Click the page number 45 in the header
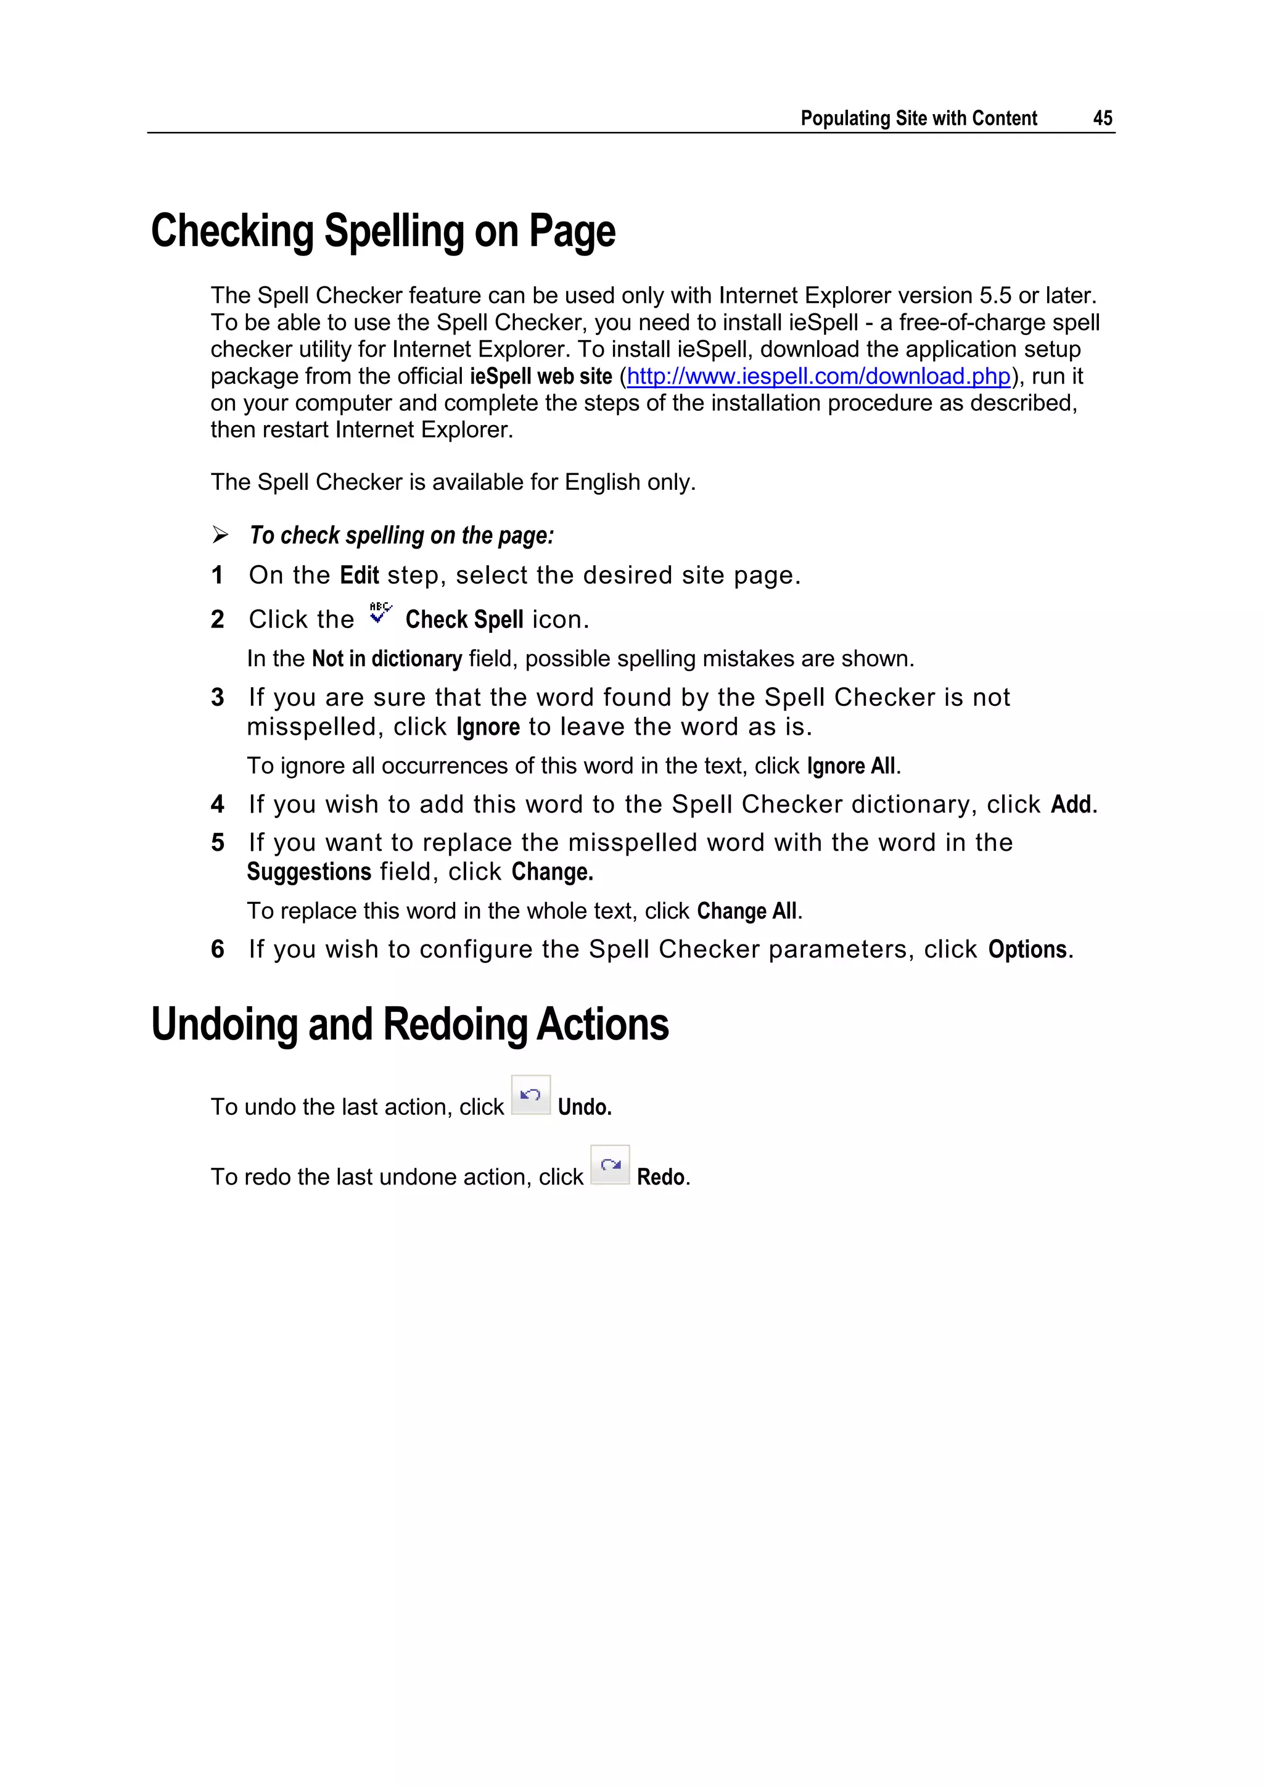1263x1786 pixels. (x=1102, y=118)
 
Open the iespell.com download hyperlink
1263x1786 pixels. (x=818, y=376)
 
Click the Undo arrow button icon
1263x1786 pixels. (x=530, y=1095)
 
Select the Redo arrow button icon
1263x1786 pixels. (x=610, y=1165)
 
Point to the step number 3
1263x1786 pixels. (x=218, y=698)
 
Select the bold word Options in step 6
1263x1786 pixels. (x=1027, y=950)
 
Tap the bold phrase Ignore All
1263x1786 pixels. (x=852, y=766)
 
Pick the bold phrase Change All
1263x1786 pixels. (x=747, y=911)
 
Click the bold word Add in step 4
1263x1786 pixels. (x=1071, y=804)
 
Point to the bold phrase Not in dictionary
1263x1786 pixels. (x=387, y=659)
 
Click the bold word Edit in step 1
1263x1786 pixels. (x=360, y=576)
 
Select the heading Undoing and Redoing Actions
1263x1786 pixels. (x=410, y=1025)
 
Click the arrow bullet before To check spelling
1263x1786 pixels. (x=220, y=535)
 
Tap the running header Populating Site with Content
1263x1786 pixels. (x=918, y=118)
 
